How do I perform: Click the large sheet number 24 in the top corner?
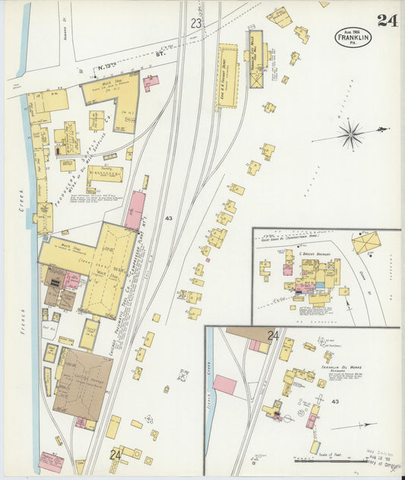click(x=388, y=21)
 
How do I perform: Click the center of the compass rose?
click(x=351, y=136)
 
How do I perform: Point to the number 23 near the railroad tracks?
click(x=196, y=24)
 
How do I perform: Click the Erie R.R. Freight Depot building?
click(x=226, y=76)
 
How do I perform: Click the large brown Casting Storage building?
click(x=83, y=384)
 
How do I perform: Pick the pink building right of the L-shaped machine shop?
click(x=150, y=83)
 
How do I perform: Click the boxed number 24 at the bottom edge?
click(x=115, y=455)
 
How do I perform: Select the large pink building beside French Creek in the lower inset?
click(x=225, y=384)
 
